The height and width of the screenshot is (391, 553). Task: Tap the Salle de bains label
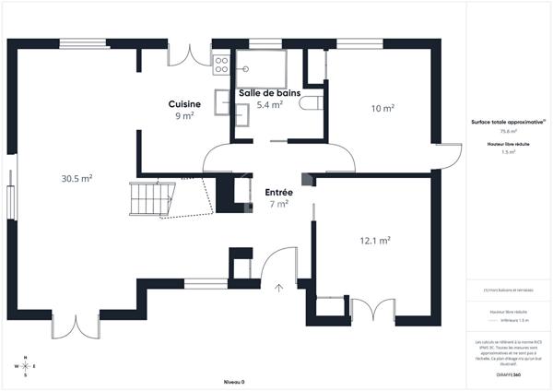[269, 93]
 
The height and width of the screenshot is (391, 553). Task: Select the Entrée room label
[279, 193]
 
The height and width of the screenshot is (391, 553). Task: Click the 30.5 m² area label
[76, 178]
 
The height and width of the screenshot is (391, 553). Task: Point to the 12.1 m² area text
[374, 241]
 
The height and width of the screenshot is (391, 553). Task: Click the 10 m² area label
[382, 109]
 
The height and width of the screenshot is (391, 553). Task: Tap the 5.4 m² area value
[269, 105]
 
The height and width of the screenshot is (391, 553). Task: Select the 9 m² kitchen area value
[184, 116]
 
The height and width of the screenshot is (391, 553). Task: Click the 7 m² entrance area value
[278, 205]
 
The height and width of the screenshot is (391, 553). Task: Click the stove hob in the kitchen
[221, 65]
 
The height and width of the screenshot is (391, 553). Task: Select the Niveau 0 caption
[234, 381]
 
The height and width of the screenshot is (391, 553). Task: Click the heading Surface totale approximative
[507, 122]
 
